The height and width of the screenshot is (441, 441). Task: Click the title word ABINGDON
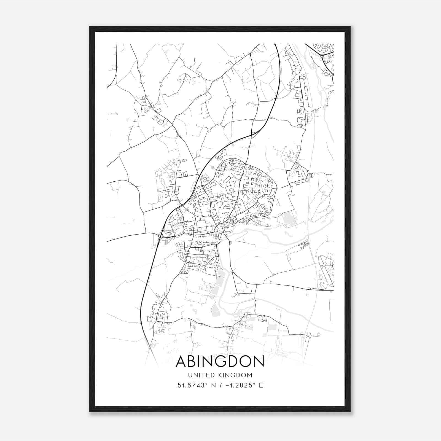point(220,361)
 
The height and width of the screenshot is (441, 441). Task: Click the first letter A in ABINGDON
point(181,361)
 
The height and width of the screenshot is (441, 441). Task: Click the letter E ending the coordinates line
point(261,385)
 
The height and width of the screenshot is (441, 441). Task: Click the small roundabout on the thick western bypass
point(160,236)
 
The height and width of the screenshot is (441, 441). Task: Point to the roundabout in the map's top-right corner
point(322,56)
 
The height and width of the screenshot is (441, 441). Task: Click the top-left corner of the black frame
point(90,27)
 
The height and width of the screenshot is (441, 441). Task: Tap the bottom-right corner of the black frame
point(350,412)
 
